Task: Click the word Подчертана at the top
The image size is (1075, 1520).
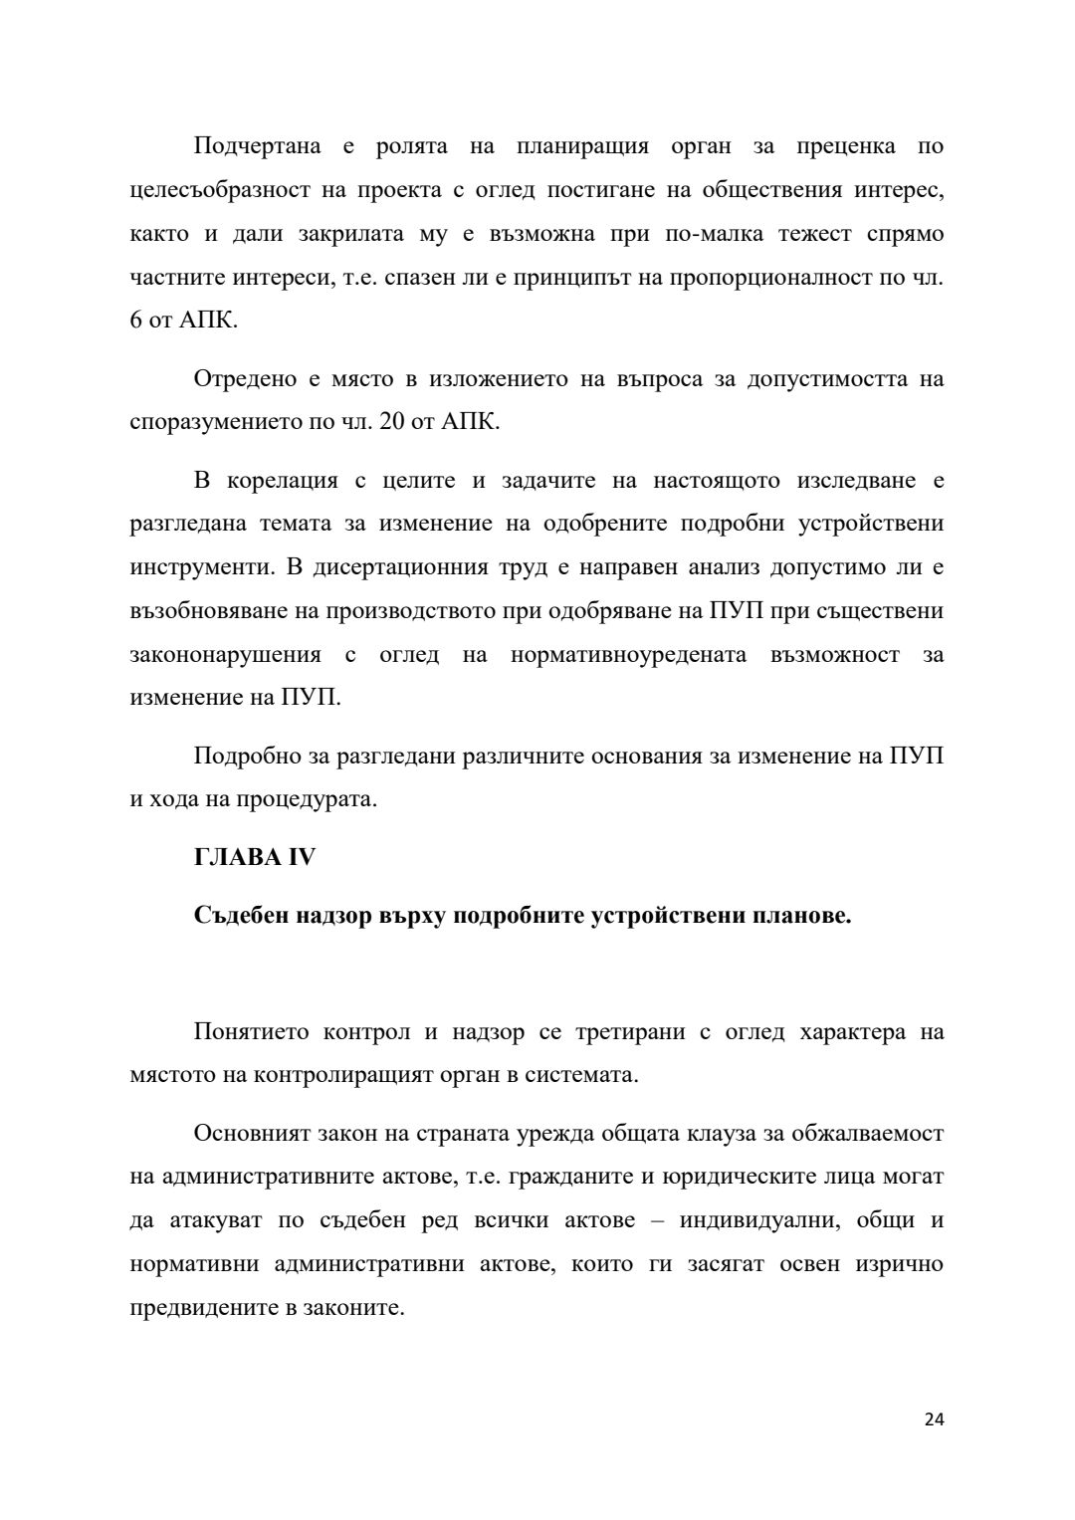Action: tap(257, 146)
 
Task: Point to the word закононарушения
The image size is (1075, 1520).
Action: tap(226, 655)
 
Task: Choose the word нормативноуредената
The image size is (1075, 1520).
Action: tap(627, 655)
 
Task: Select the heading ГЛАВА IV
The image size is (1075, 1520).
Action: tap(254, 857)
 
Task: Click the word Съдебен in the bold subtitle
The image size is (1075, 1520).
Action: tap(242, 916)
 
